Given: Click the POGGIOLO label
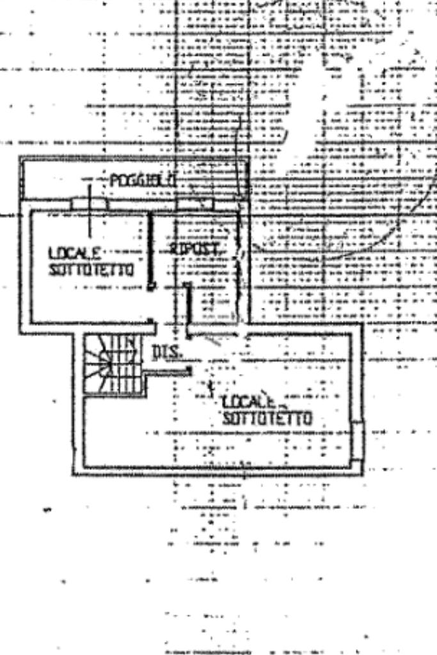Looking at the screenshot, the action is pos(143,181).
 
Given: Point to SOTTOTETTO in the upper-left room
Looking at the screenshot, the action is pos(91,270).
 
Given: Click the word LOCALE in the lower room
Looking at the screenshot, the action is pos(248,403).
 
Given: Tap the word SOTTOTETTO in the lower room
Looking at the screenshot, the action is pos(267,419).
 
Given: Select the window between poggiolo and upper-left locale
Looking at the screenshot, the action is pos(90,204).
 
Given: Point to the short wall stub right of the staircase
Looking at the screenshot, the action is pos(168,372).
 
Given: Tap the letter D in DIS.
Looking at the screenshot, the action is pos(157,351).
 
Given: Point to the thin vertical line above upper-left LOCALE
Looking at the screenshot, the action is pos(90,211).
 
